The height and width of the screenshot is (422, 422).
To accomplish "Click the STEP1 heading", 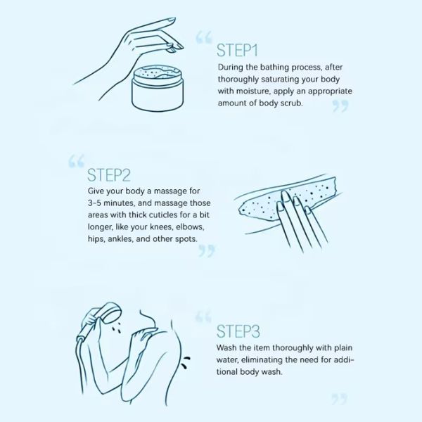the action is pyautogui.click(x=237, y=51).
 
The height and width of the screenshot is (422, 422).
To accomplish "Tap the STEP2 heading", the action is pyautogui.click(x=109, y=175).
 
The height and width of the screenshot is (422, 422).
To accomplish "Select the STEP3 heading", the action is pyautogui.click(x=238, y=331).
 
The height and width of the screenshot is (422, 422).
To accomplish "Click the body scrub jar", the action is pyautogui.click(x=158, y=88).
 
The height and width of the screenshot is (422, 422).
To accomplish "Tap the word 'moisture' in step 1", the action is pyautogui.click(x=253, y=91).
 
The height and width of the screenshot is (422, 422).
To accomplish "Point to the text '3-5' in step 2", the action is pyautogui.click(x=94, y=203).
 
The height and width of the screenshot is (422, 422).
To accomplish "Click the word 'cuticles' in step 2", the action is pyautogui.click(x=163, y=215).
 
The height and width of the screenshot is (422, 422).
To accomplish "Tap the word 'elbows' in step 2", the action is pyautogui.click(x=190, y=227).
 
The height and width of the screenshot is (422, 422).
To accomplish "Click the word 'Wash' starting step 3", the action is pyautogui.click(x=226, y=347).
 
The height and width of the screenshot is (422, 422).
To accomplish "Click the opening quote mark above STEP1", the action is pyautogui.click(x=204, y=37).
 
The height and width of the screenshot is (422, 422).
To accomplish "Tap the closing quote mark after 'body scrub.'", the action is pyautogui.click(x=340, y=106).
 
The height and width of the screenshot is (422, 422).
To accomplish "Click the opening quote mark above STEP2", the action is pyautogui.click(x=76, y=160).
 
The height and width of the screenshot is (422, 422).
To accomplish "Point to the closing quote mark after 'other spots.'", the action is pyautogui.click(x=207, y=250).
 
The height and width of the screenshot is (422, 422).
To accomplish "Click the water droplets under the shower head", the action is pyautogui.click(x=116, y=329).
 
